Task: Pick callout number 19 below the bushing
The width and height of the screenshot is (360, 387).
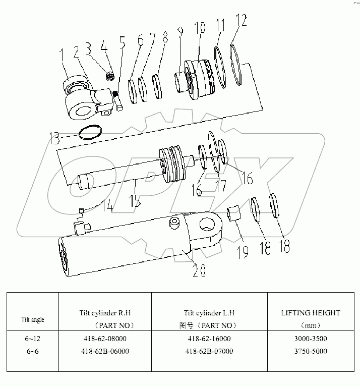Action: (243, 251)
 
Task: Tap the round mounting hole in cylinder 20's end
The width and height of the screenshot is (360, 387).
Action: (207, 224)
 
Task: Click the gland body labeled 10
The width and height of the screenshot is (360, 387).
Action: (199, 80)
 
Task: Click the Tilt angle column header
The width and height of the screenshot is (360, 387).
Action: (32, 320)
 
